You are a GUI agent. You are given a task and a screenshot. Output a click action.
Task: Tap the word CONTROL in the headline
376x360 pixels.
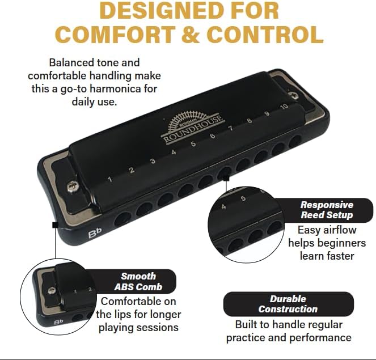tap(265, 35)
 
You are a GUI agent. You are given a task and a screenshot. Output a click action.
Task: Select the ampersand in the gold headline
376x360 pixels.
tap(190, 35)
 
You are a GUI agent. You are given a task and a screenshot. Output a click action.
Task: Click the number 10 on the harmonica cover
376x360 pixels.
tap(284, 107)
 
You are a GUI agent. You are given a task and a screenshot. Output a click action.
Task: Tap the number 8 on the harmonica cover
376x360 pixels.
tap(250, 120)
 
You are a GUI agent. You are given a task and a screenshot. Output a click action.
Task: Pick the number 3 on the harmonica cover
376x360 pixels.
tap(153, 162)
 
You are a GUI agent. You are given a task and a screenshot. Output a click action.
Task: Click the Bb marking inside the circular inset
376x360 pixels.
tap(57, 322)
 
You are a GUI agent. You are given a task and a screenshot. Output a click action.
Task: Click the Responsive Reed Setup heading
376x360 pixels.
tap(327, 210)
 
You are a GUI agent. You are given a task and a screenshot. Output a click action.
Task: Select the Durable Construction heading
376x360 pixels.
tap(288, 304)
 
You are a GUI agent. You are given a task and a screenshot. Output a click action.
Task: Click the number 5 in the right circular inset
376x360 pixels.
tap(243, 198)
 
